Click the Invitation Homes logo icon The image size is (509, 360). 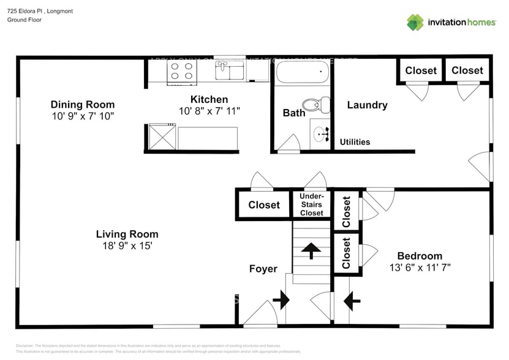point(415,22)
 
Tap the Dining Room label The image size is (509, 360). point(82,105)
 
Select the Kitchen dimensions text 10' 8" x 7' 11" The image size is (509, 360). point(209,111)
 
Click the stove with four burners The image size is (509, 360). point(181,72)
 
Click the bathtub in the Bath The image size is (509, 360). point(301,73)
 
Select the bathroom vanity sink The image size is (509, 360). point(321,133)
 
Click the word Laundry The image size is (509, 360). point(367,105)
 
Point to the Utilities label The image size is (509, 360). point(355,142)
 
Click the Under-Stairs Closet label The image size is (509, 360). point(311,204)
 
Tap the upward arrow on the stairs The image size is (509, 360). point(311,250)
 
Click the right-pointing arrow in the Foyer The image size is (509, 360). point(282,300)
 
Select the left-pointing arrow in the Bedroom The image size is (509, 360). point(352,300)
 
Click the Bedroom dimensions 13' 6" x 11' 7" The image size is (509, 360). point(420,268)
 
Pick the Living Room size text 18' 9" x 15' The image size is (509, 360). point(127,246)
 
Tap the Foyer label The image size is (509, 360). point(263,269)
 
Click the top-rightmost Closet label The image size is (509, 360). point(467,70)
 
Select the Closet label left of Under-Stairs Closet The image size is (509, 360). point(264,205)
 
